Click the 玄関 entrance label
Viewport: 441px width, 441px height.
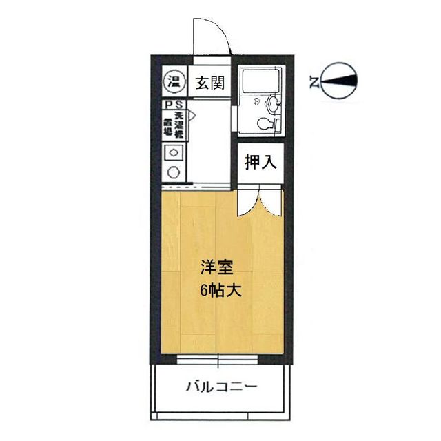[209, 83]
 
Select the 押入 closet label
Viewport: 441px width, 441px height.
[261, 163]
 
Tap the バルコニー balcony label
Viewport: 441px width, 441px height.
[221, 387]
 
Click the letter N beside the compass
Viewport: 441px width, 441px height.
[314, 83]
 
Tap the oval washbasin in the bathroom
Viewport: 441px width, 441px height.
[273, 104]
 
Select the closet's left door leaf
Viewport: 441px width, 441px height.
[245, 202]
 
